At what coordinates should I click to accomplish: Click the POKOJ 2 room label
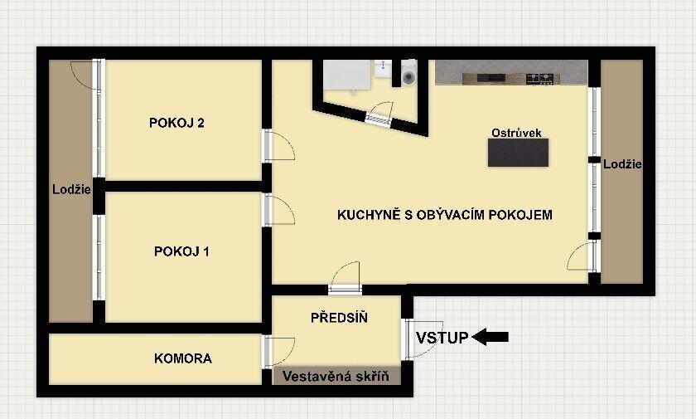coord(176,124)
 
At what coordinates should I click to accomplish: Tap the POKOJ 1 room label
coord(181,251)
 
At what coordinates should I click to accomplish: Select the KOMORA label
coord(183,359)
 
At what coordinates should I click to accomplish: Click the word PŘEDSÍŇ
coord(339,318)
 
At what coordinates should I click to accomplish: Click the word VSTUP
coord(442,337)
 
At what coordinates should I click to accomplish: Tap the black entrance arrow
coord(491,337)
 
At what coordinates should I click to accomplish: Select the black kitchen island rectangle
coord(518,153)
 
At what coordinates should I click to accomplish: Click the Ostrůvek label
coord(516,133)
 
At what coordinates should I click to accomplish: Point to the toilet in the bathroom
coord(408,77)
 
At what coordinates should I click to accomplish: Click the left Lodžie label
coord(70,189)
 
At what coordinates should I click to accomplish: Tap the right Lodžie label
coord(622,164)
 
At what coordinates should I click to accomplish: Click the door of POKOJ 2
coord(278,147)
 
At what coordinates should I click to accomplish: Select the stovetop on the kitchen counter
coord(540,78)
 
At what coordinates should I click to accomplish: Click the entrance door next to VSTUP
coord(418,339)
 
